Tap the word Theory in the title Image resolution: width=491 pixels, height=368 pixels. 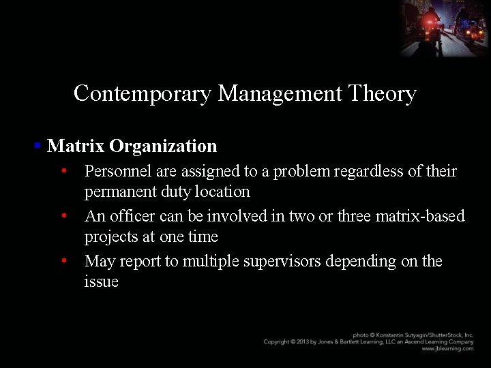381,93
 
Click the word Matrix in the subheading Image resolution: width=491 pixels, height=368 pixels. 75,146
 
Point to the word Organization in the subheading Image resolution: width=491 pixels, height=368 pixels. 163,146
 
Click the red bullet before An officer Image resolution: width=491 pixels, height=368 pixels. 63,216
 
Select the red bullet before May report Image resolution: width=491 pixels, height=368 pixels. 63,261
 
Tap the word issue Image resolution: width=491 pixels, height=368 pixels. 101,281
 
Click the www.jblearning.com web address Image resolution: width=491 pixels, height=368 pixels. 447,349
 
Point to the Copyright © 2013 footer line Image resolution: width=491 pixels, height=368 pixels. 368,342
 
